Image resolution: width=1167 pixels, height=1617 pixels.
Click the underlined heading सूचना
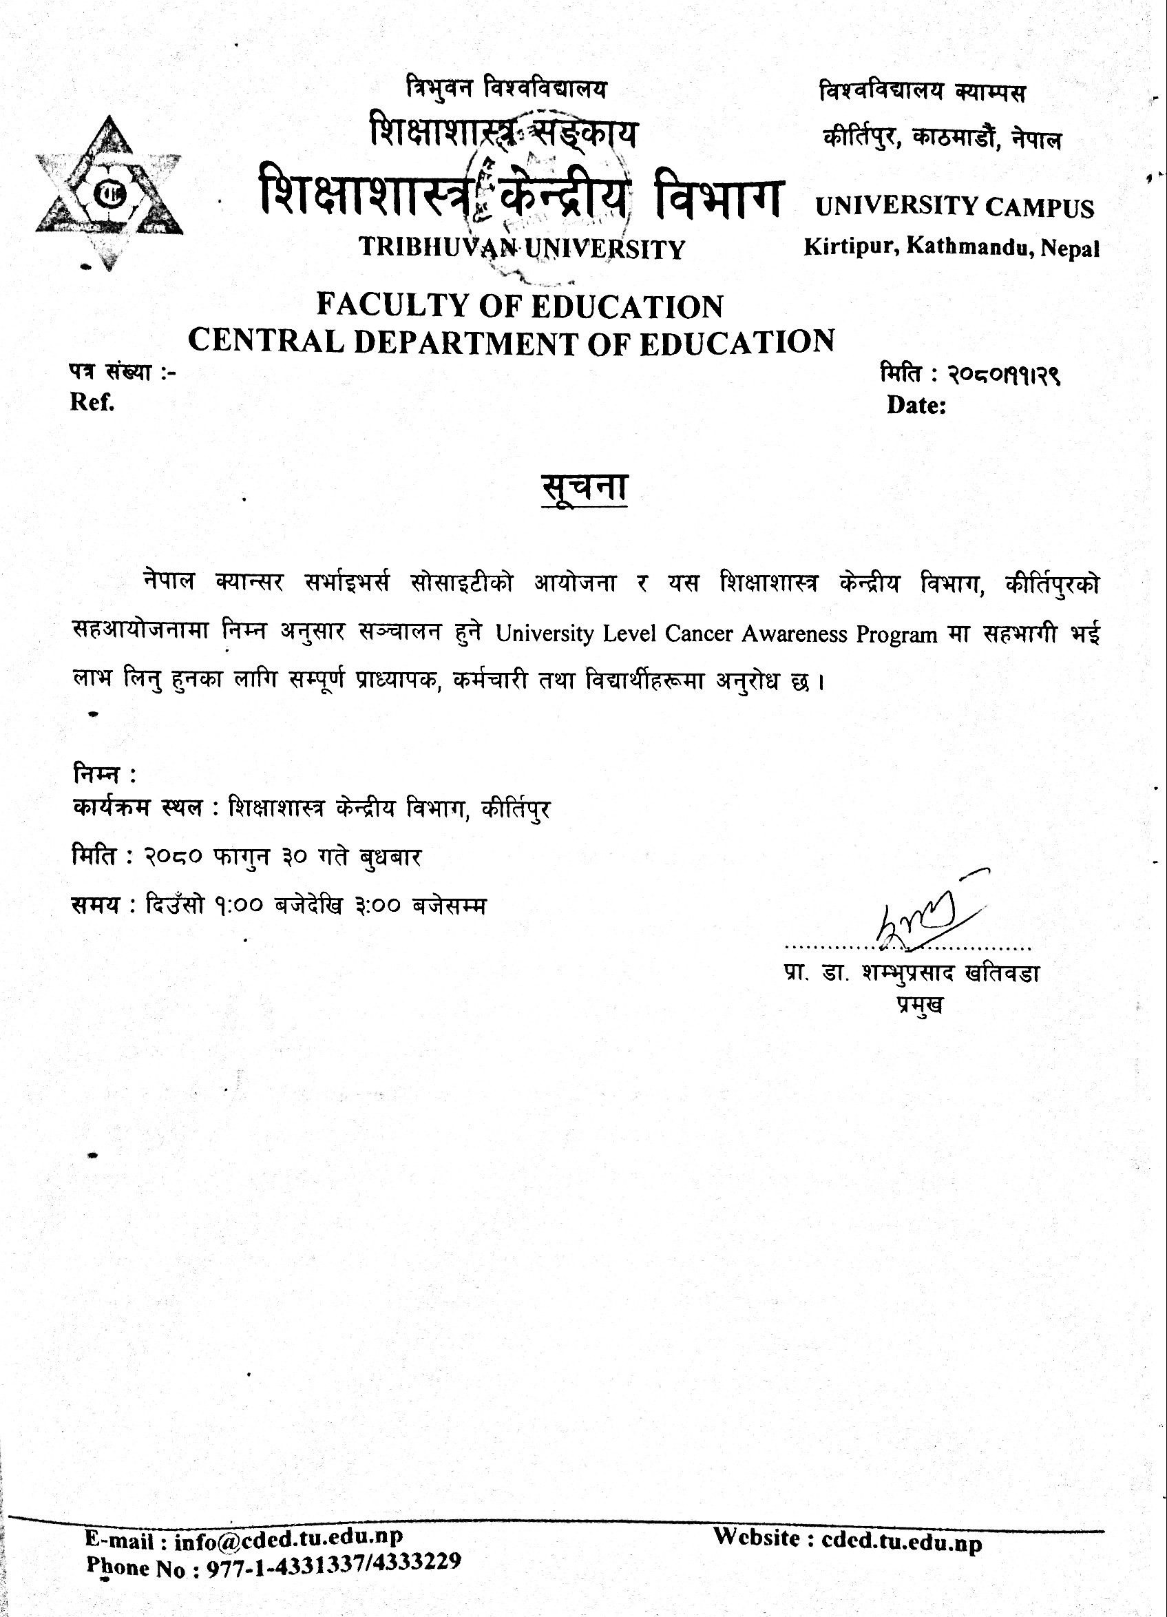coord(584,488)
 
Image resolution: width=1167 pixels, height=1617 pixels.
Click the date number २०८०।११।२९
coord(1004,376)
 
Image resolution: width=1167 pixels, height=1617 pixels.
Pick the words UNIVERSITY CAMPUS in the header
coord(954,207)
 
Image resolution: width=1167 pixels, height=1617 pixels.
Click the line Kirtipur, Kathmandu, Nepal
coord(952,248)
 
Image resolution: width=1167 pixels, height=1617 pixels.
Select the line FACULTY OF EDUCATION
coord(520,306)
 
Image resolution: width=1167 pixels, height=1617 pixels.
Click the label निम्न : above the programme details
coord(104,773)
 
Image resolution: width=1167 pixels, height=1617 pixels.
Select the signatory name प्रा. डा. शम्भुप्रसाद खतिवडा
coord(910,973)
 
